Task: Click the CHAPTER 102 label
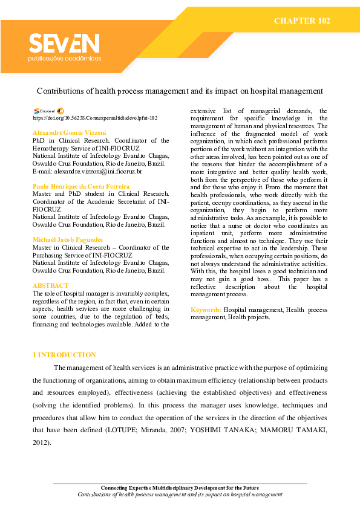pyautogui.click(x=302, y=21)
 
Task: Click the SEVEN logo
pyautogui.click(x=64, y=44)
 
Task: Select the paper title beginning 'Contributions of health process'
pyautogui.click(x=180, y=91)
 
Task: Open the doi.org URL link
pyautogui.click(x=95, y=118)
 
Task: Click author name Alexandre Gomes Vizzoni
pyautogui.click(x=69, y=132)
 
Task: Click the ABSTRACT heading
pyautogui.click(x=50, y=285)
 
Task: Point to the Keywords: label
pyautogui.click(x=206, y=310)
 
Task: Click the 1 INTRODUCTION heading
pyautogui.click(x=64, y=355)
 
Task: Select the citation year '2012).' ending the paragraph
pyautogui.click(x=42, y=443)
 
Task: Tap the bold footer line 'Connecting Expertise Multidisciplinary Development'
pyautogui.click(x=180, y=488)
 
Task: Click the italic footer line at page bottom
pyautogui.click(x=180, y=494)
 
